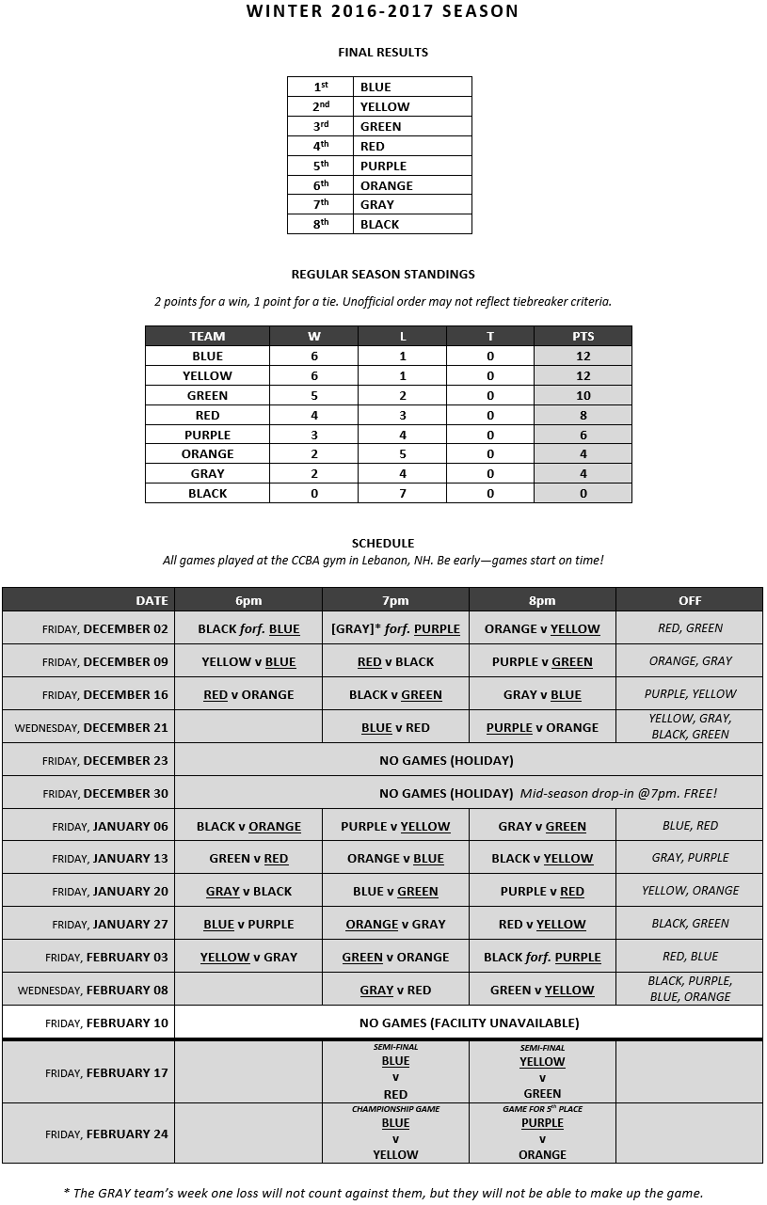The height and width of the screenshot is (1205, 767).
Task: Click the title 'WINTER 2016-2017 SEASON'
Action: (382, 11)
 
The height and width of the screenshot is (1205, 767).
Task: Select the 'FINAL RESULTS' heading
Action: (383, 53)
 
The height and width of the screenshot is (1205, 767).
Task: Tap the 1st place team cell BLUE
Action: (412, 87)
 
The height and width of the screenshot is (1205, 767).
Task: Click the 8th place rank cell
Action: (321, 224)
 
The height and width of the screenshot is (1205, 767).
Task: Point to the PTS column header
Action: (583, 336)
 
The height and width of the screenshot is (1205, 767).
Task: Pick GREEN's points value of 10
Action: (583, 395)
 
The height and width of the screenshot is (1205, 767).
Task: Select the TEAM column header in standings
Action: (207, 336)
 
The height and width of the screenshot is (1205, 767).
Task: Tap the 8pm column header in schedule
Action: (542, 600)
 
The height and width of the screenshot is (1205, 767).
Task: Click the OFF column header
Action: (690, 600)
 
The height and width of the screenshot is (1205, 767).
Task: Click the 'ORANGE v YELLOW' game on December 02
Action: (542, 628)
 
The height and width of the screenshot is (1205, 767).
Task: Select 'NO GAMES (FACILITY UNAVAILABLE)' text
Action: (469, 1023)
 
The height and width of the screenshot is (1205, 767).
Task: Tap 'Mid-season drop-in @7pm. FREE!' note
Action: (618, 793)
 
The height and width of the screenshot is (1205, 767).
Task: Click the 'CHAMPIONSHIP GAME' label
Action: (395, 1109)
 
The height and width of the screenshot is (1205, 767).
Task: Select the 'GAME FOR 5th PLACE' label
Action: (542, 1109)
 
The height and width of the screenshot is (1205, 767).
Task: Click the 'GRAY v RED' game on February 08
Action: (395, 990)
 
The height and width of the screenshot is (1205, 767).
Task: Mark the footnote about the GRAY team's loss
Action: (383, 1193)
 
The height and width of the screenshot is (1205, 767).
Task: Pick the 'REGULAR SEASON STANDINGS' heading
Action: (383, 275)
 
